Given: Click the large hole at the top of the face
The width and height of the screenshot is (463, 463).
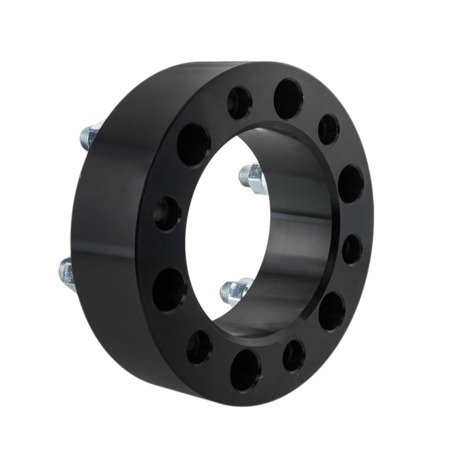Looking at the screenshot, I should pyautogui.click(x=288, y=98).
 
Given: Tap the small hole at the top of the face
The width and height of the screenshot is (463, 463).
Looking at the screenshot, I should pyautogui.click(x=239, y=102).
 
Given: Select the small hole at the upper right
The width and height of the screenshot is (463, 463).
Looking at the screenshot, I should pyautogui.click(x=328, y=129).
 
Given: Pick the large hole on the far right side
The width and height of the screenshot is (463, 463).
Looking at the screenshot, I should pyautogui.click(x=351, y=183).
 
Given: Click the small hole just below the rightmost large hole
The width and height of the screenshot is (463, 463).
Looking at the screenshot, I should pyautogui.click(x=352, y=249).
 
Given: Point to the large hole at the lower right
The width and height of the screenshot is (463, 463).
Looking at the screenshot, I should pyautogui.click(x=332, y=311).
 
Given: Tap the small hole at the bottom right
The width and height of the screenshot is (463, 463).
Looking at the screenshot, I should pyautogui.click(x=294, y=356).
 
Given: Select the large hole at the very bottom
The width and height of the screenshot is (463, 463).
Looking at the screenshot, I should pyautogui.click(x=245, y=369).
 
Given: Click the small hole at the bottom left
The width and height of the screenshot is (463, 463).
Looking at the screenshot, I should pyautogui.click(x=199, y=346).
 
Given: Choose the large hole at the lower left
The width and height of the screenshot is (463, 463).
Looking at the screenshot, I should pyautogui.click(x=169, y=289).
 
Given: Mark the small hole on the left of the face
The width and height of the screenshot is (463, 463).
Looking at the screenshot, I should pyautogui.click(x=167, y=214).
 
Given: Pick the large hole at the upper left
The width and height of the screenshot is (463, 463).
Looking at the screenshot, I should pyautogui.click(x=193, y=144).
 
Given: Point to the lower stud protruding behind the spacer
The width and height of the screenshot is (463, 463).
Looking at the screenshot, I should pyautogui.click(x=67, y=273).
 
